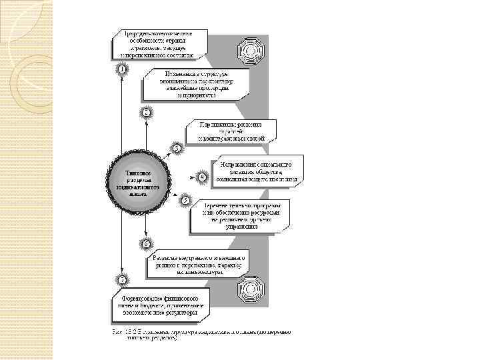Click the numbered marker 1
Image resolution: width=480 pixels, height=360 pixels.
point(122,69)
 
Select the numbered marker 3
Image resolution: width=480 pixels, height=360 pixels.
point(177,147)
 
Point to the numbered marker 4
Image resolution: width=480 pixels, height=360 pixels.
point(201,177)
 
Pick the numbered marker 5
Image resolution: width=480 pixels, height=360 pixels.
point(185,200)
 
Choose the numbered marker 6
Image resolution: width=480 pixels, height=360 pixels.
point(146,243)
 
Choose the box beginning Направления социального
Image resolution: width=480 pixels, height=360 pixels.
point(257,170)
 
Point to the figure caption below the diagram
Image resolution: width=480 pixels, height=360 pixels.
point(200,334)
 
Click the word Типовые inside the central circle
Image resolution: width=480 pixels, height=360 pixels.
point(131,173)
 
